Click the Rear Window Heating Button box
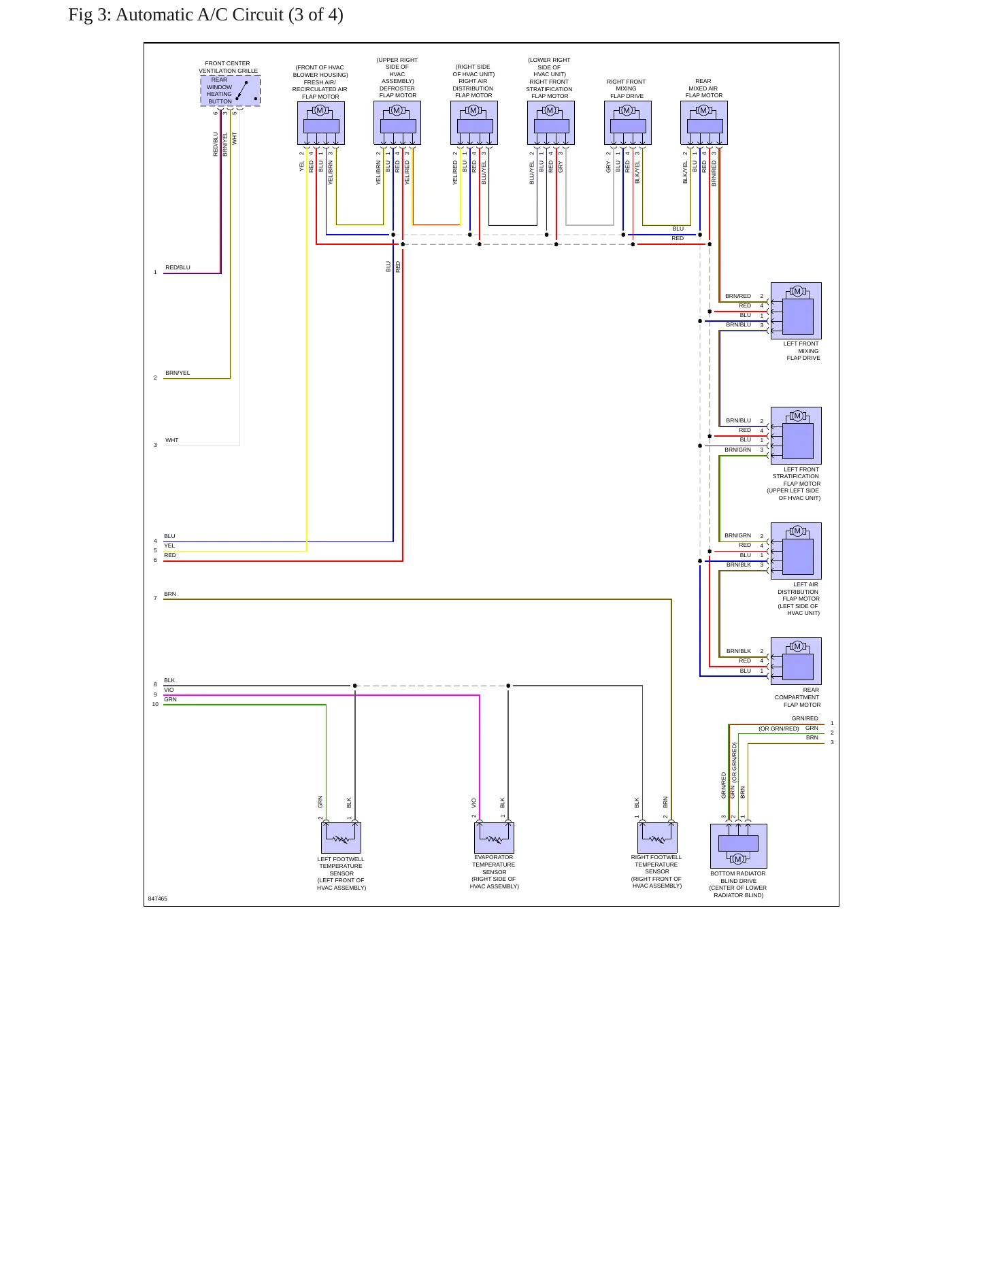[x=230, y=91]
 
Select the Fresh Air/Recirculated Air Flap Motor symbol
[x=321, y=123]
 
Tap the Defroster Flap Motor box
[x=397, y=123]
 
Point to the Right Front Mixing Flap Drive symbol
[x=628, y=123]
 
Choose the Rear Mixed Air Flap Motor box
[x=704, y=123]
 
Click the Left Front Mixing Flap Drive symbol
[x=796, y=311]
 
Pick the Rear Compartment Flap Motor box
[x=796, y=661]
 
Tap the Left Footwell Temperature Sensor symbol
[x=341, y=838]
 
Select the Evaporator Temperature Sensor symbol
[x=494, y=838]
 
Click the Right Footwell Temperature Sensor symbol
[x=657, y=838]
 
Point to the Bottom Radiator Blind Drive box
[x=739, y=846]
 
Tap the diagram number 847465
[x=158, y=899]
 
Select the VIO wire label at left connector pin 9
[x=169, y=690]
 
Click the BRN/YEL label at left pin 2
[x=178, y=373]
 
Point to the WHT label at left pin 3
[x=172, y=440]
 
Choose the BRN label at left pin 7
[x=170, y=594]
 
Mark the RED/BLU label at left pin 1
[x=178, y=267]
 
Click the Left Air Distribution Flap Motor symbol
[x=796, y=551]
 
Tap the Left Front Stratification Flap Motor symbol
[x=796, y=435]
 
